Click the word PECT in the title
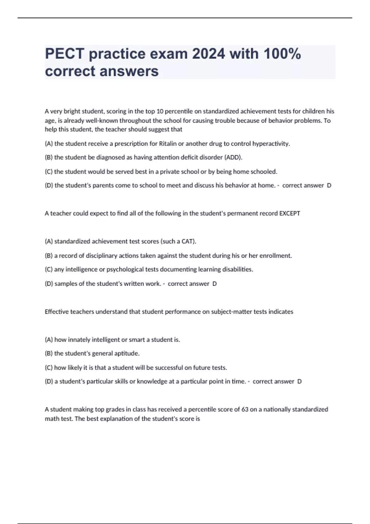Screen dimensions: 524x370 click(x=64, y=54)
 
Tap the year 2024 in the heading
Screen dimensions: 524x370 click(x=208, y=54)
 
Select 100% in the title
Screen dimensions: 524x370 click(x=282, y=54)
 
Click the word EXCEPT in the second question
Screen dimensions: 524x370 click(x=290, y=213)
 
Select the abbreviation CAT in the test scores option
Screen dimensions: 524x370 click(x=188, y=241)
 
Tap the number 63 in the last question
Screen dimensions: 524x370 click(x=245, y=409)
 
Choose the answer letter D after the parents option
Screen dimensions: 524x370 click(x=329, y=186)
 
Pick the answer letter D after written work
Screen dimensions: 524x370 click(x=215, y=284)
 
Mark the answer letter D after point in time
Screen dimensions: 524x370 click(x=299, y=382)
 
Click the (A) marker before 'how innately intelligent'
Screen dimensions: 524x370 click(x=49, y=340)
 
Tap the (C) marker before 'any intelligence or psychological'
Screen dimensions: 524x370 click(x=49, y=269)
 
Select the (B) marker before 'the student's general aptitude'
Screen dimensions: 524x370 click(x=49, y=354)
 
